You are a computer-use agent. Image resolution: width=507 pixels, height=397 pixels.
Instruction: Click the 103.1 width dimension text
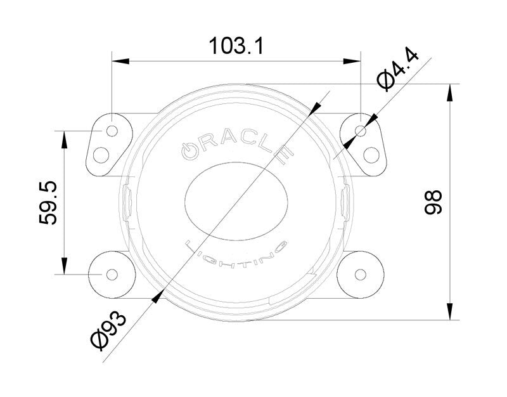[x=236, y=46]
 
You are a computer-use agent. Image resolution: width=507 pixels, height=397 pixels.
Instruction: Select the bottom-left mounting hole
[x=112, y=275]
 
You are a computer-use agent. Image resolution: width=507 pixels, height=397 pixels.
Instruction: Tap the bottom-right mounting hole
[x=361, y=275]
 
